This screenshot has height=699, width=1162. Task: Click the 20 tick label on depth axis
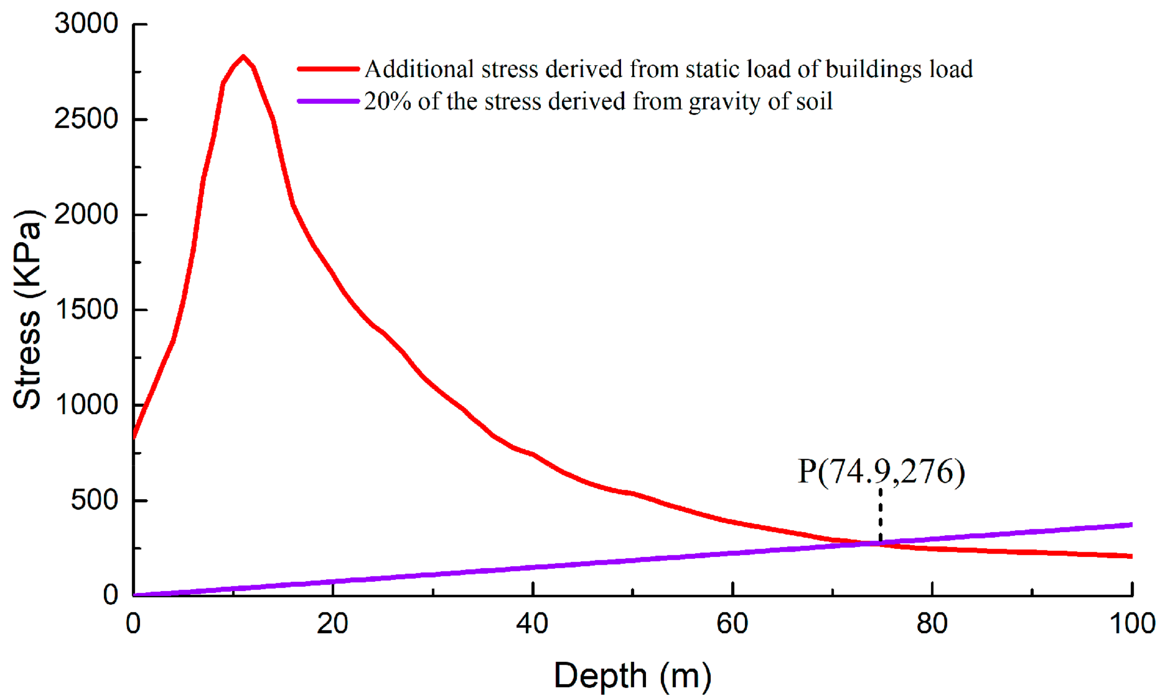[332, 624]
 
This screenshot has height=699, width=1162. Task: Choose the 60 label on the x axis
[732, 624]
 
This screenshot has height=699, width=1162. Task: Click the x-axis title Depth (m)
[632, 676]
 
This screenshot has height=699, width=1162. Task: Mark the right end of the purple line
[1130, 525]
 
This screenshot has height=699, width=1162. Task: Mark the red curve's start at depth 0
[134, 436]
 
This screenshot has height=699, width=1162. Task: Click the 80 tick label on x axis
[932, 624]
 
